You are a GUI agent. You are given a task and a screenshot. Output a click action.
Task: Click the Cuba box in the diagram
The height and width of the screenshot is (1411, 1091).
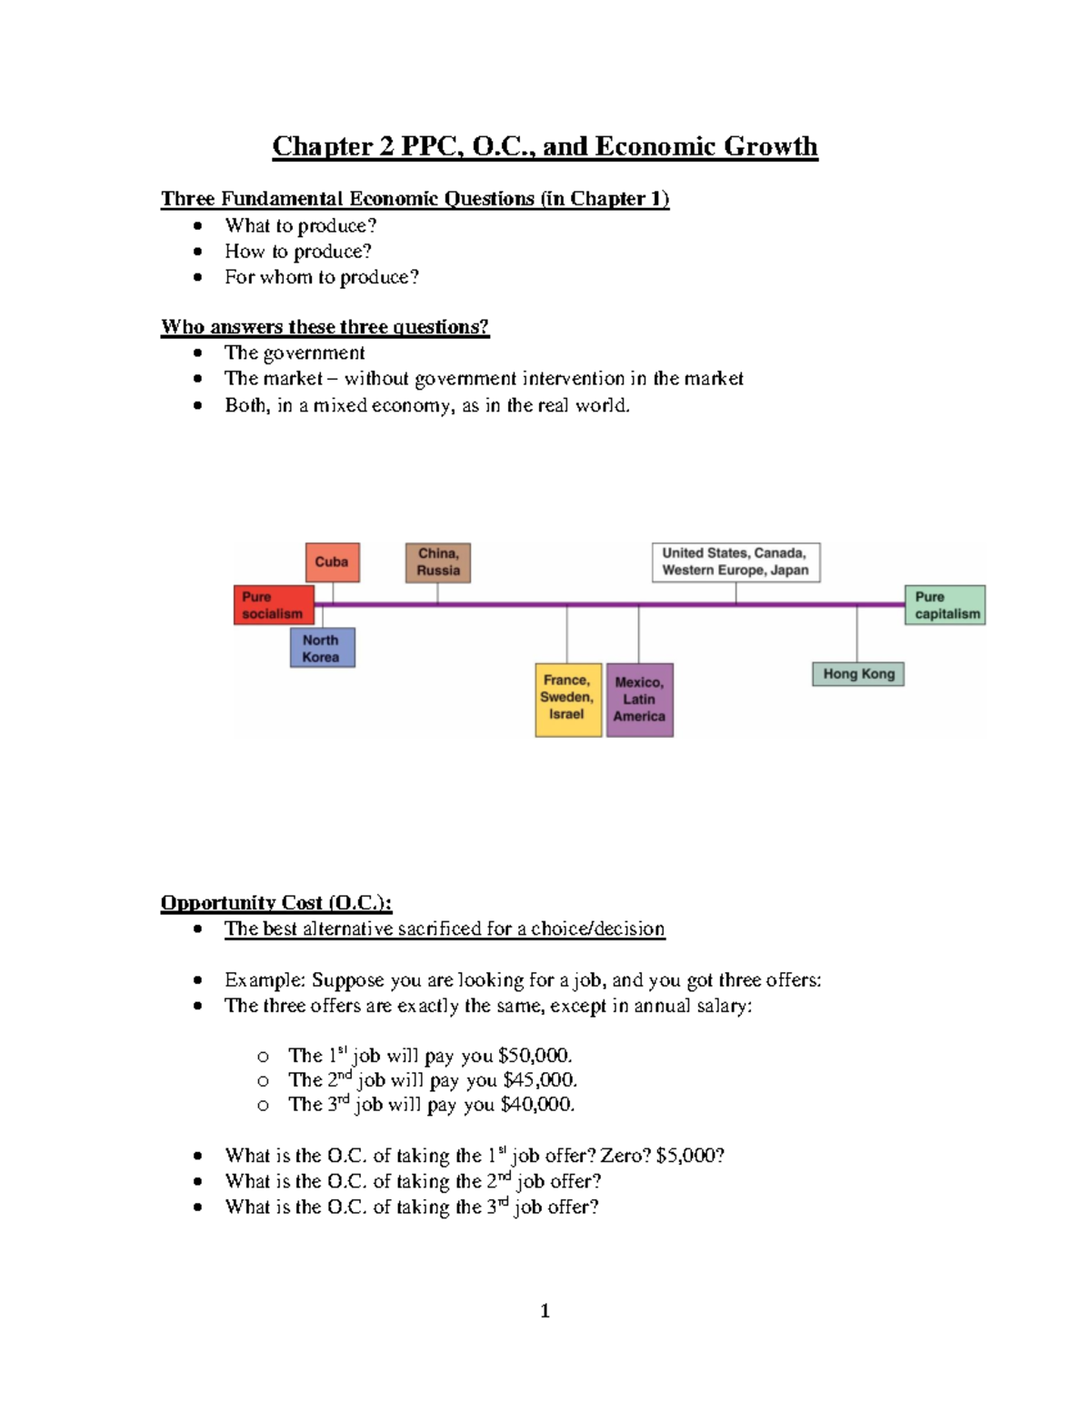click(x=332, y=562)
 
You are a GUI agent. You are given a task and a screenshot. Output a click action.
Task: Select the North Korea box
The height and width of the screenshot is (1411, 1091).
click(x=322, y=648)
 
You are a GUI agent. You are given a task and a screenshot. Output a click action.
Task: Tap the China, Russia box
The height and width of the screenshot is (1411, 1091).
click(x=438, y=562)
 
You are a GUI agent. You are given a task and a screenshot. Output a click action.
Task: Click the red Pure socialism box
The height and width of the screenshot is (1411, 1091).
click(x=273, y=605)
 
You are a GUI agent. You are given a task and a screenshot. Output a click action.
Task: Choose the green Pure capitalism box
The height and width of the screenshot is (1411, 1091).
click(x=946, y=605)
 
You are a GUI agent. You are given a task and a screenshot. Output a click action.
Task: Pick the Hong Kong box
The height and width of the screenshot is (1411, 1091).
click(x=858, y=674)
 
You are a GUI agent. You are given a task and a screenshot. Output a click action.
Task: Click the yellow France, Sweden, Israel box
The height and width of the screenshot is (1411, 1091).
click(x=567, y=699)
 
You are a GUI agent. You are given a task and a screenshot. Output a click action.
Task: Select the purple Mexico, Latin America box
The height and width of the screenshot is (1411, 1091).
click(x=639, y=700)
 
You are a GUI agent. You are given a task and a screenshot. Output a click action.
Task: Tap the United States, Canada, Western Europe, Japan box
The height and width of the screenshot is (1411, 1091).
click(x=736, y=562)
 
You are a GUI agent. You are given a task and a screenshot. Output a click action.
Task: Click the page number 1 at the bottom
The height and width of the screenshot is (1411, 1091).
click(x=545, y=1310)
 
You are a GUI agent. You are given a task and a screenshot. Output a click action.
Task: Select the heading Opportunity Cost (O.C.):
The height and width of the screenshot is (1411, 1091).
click(x=276, y=902)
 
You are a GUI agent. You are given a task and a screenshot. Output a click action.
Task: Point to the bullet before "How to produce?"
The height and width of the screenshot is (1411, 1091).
click(x=198, y=252)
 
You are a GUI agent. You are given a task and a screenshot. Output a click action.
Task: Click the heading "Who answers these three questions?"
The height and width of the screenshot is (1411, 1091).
click(x=325, y=327)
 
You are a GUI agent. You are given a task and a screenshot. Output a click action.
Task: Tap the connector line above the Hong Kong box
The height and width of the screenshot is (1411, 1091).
click(x=856, y=633)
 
